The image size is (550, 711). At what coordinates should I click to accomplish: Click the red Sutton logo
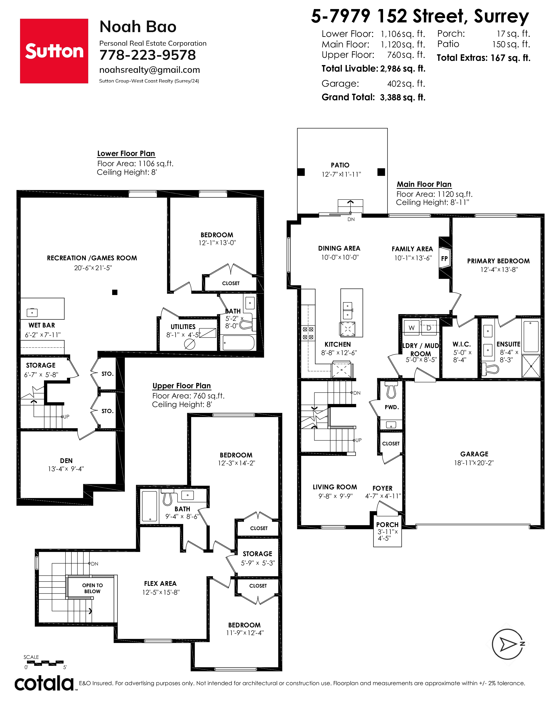54,51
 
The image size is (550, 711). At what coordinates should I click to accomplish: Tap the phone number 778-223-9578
148,55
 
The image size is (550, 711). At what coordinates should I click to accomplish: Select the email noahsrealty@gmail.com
149,70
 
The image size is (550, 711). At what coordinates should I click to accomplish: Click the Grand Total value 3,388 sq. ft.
403,97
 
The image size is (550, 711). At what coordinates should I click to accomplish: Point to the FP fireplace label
445,259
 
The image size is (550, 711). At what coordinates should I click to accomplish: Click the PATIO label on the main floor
340,165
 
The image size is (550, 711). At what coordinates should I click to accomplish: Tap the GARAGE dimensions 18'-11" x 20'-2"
474,463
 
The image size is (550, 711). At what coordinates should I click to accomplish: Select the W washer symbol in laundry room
412,328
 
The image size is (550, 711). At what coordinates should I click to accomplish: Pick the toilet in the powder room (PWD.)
391,390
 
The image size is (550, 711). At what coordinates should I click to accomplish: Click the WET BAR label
42,325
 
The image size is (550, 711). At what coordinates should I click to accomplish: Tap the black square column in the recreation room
115,292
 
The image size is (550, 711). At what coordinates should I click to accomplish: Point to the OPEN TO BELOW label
93,588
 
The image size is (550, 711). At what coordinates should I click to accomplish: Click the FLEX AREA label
160,584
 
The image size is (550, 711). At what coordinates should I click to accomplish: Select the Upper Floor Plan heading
182,386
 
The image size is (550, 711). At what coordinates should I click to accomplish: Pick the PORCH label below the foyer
387,525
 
